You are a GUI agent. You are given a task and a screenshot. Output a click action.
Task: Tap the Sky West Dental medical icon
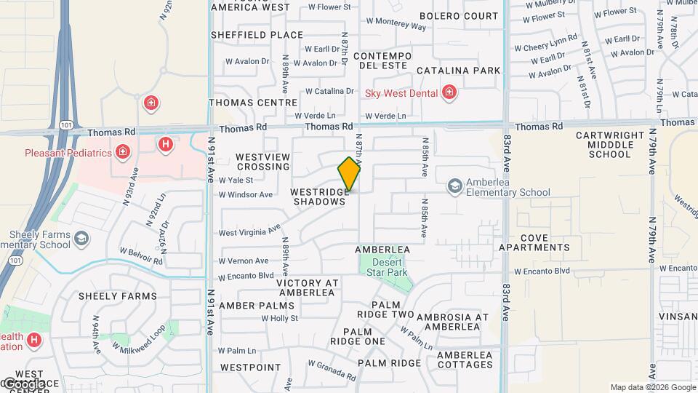coord(449,92)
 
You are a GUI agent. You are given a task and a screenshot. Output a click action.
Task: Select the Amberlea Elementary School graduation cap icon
coord(455,187)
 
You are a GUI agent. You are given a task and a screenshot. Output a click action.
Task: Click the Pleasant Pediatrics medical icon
coord(122,152)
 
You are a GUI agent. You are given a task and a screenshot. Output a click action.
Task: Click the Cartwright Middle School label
coord(610,144)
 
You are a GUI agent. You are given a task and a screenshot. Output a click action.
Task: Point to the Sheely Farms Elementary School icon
coord(81,239)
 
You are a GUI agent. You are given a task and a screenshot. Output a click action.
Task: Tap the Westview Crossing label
coord(263,162)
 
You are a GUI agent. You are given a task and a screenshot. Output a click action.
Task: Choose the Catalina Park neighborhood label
coord(458,71)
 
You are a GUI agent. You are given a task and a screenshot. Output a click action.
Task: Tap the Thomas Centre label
coord(243,103)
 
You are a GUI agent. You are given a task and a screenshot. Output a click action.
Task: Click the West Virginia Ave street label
coord(249,231)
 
